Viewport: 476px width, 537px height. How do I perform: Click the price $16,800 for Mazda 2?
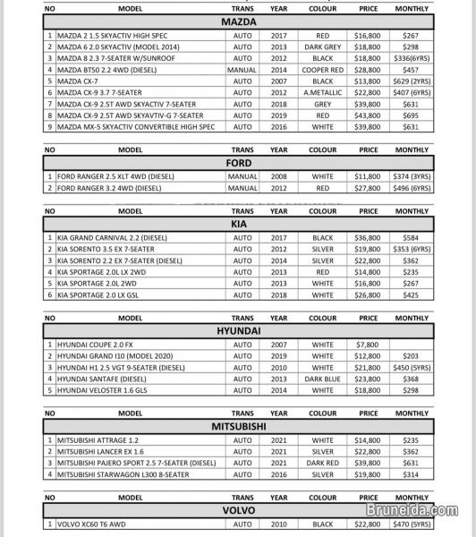coord(369,38)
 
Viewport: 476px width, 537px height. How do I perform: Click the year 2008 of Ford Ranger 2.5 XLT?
coord(279,177)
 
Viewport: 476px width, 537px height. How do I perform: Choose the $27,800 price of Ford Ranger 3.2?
coord(369,189)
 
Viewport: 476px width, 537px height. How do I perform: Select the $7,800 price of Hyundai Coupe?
coord(369,345)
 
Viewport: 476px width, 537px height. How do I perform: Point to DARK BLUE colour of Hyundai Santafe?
coord(322,379)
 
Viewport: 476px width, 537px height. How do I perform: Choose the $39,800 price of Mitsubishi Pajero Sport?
coord(369,463)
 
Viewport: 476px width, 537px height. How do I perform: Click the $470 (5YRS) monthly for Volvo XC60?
coord(412,524)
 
